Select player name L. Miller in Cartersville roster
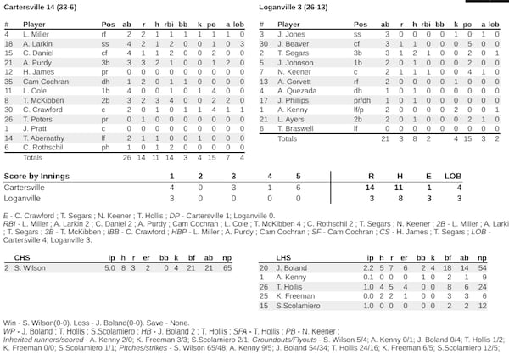click(x=36, y=34)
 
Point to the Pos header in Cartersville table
click(x=108, y=25)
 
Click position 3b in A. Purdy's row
click(x=108, y=62)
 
